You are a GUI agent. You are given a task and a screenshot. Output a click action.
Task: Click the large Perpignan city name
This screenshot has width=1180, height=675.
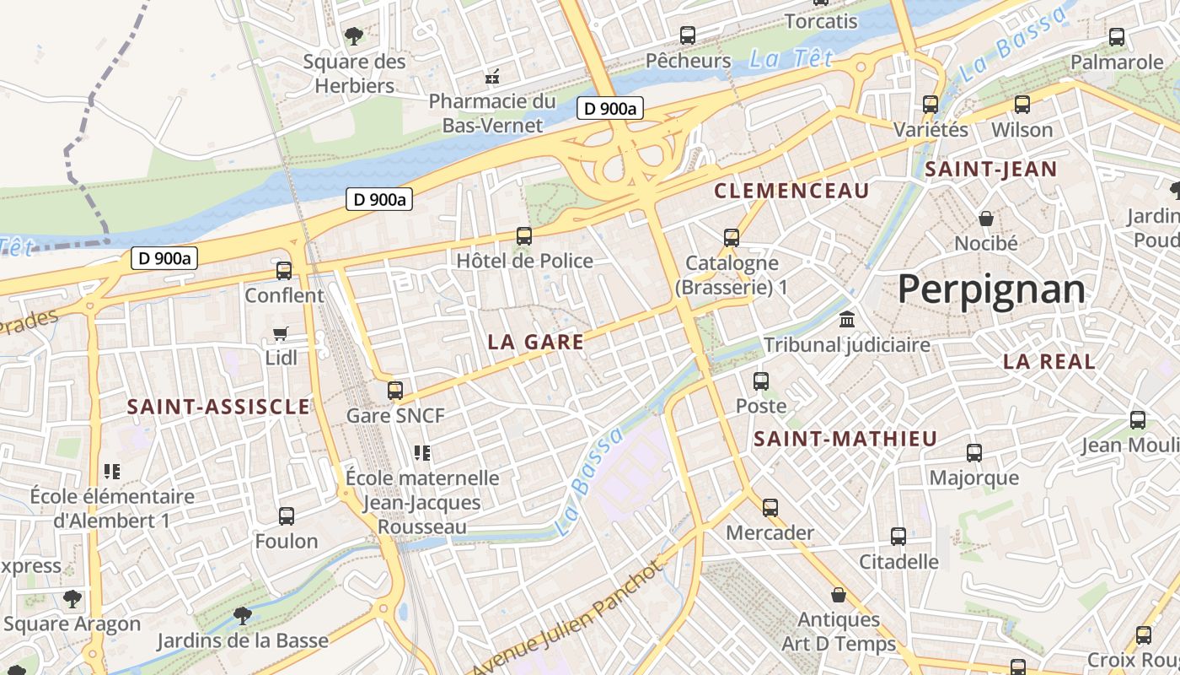pos(991,289)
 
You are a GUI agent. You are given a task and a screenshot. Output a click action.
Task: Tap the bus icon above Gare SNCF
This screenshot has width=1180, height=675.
pos(394,390)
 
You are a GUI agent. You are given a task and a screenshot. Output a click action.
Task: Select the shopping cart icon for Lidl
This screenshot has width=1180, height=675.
pos(281,334)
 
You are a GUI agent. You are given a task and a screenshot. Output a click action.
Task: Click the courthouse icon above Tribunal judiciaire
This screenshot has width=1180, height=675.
pos(847,320)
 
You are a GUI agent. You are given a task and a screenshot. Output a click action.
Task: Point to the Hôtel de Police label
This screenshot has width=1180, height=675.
pos(524,261)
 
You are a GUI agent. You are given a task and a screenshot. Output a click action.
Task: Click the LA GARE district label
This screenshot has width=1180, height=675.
pos(535,342)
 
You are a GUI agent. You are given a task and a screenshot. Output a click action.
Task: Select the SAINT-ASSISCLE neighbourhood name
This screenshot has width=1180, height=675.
pos(218,407)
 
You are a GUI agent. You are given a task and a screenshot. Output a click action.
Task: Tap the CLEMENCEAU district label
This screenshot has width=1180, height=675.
pos(791,192)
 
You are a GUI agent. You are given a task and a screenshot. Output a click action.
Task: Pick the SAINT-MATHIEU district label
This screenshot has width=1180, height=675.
pos(845,439)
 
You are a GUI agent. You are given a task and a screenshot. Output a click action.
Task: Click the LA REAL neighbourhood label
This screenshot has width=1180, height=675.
pos(1049,362)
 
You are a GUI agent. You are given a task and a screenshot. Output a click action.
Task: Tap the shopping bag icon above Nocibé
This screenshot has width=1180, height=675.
pos(985,219)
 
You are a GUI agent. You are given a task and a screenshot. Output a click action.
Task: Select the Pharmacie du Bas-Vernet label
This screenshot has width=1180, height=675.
pos(492,113)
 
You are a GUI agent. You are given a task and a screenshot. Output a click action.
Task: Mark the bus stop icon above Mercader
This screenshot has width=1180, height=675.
pos(770,508)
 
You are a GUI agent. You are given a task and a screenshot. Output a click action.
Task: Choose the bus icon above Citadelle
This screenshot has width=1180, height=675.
pos(898,537)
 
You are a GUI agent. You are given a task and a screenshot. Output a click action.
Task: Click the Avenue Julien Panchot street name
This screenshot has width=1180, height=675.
pos(566,619)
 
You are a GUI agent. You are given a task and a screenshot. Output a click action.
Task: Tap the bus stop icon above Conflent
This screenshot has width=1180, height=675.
pos(284,271)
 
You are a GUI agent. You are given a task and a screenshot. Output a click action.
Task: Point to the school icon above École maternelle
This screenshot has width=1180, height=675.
pos(422,453)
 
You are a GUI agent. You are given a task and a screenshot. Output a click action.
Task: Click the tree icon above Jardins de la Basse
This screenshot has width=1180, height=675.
pos(243,615)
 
